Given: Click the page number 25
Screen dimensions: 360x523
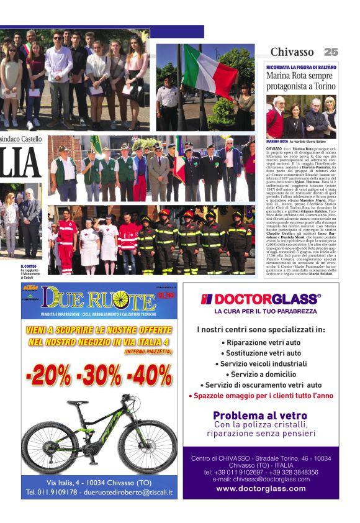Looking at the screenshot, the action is (331, 52).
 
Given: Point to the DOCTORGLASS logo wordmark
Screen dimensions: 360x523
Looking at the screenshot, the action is (261, 299).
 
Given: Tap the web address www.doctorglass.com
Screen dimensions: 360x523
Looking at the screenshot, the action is (261, 489).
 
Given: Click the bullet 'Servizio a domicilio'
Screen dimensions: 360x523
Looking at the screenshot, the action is (261, 374).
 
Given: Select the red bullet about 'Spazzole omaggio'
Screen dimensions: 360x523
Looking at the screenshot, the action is (261, 396).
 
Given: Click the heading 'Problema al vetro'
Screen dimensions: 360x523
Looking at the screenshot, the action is (261, 416).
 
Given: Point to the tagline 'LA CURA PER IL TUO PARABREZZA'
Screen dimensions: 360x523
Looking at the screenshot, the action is (261, 311).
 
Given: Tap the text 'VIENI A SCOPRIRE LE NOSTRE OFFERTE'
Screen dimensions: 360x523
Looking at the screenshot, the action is (99, 330).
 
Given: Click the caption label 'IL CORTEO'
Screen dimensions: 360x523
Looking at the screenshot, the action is (29, 266).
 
